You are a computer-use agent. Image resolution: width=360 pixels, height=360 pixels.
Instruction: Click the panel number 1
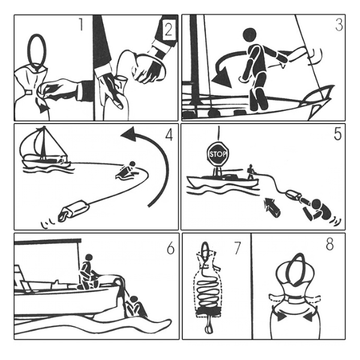coord(80,25)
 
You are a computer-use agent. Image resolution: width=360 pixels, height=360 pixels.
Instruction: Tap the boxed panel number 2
coord(169,30)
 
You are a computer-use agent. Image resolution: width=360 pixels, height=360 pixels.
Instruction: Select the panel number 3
coord(339,25)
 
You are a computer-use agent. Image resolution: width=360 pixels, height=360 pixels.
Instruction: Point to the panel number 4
coord(169,134)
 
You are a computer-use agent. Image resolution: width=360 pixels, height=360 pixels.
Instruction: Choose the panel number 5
coord(337,134)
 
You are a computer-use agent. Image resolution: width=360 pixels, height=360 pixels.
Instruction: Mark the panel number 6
coord(170,248)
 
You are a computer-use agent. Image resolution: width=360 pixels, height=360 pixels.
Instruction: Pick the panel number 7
coord(237,248)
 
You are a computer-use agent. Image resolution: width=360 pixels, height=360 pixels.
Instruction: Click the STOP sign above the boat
coord(218,154)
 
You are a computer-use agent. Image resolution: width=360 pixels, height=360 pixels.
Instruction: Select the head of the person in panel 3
coord(250,35)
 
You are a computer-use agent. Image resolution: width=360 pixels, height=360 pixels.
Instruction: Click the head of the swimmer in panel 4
coord(132,164)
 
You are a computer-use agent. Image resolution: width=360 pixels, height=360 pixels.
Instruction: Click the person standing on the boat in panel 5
coord(251,172)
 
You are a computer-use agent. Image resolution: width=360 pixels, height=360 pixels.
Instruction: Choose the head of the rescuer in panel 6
coord(89,257)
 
